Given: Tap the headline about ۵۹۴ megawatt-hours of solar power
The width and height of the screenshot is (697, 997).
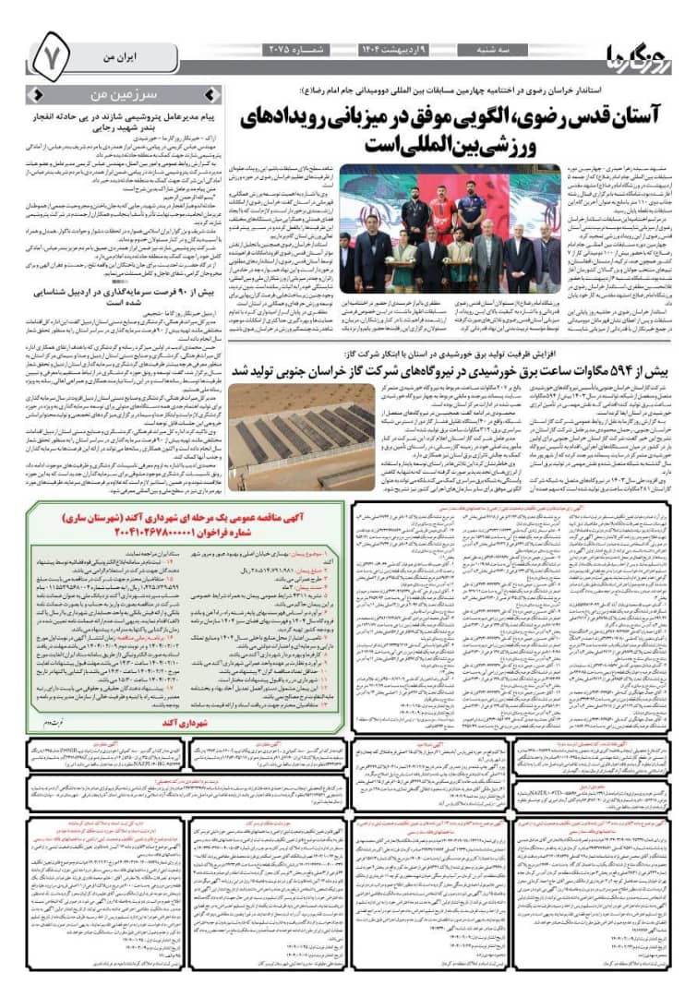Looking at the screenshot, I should tap(459, 370).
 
